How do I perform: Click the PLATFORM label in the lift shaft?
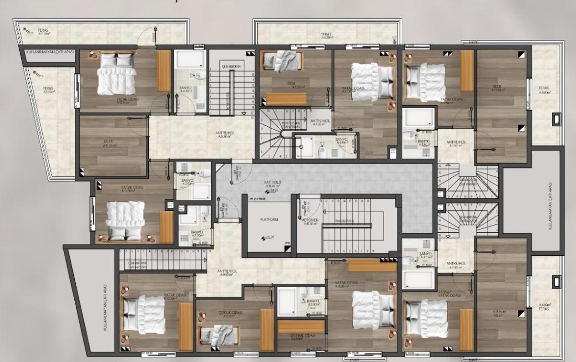(269, 219)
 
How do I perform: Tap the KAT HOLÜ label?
(263, 183)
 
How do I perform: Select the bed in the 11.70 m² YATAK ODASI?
(125, 219)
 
